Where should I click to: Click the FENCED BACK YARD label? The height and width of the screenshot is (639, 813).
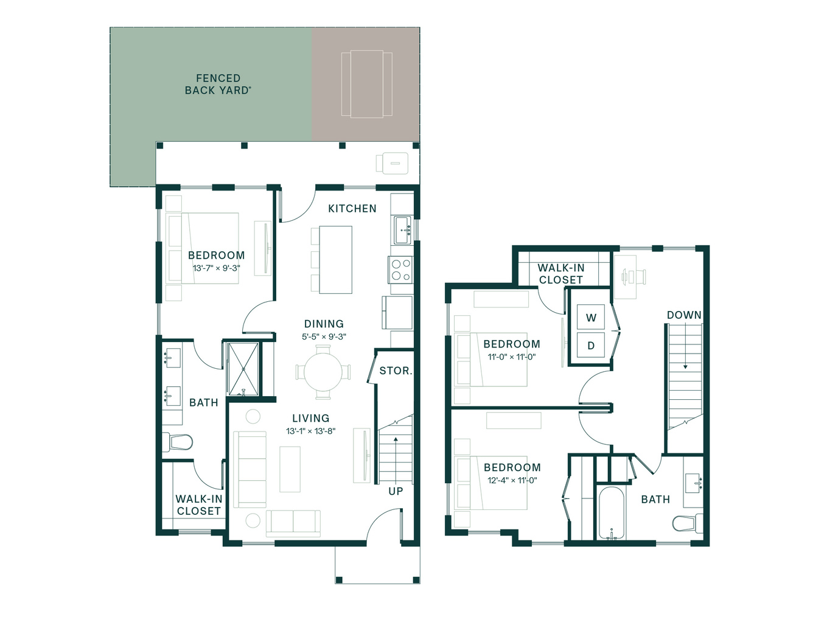click(x=218, y=84)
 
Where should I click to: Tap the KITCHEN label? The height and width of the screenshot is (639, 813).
click(x=352, y=208)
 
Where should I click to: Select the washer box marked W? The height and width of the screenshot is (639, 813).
click(x=590, y=317)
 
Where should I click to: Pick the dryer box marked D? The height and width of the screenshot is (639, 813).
click(x=590, y=345)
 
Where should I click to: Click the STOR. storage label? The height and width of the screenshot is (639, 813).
click(x=396, y=371)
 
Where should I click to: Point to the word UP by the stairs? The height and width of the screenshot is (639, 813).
click(x=396, y=491)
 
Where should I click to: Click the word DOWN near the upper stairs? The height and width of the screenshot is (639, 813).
click(x=684, y=315)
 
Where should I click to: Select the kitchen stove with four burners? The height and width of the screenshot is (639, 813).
click(x=400, y=270)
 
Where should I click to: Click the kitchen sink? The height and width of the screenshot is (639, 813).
click(x=402, y=230)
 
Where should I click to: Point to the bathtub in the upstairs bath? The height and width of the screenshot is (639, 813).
click(x=611, y=512)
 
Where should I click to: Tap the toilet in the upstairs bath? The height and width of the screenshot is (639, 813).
click(x=688, y=523)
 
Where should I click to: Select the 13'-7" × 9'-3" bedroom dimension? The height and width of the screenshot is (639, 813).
click(x=216, y=268)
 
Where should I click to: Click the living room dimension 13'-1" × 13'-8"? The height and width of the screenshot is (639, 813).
click(x=310, y=431)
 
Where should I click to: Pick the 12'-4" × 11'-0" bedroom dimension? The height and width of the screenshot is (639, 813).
click(x=512, y=480)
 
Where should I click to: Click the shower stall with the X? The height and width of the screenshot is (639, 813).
click(x=243, y=369)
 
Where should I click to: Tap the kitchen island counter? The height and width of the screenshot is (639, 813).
click(x=335, y=260)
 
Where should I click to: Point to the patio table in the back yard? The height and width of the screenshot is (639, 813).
click(x=367, y=84)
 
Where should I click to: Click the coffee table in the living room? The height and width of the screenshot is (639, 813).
click(x=290, y=469)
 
